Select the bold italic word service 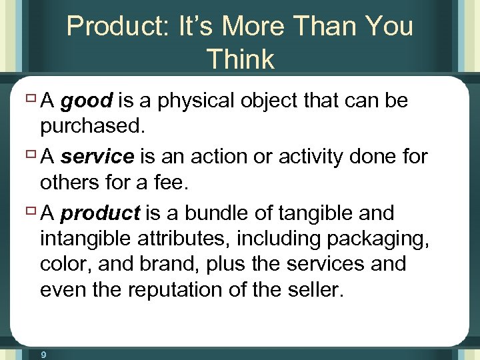(97, 157)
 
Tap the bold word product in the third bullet (100, 213)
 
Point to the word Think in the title (240, 59)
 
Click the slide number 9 (43, 355)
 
